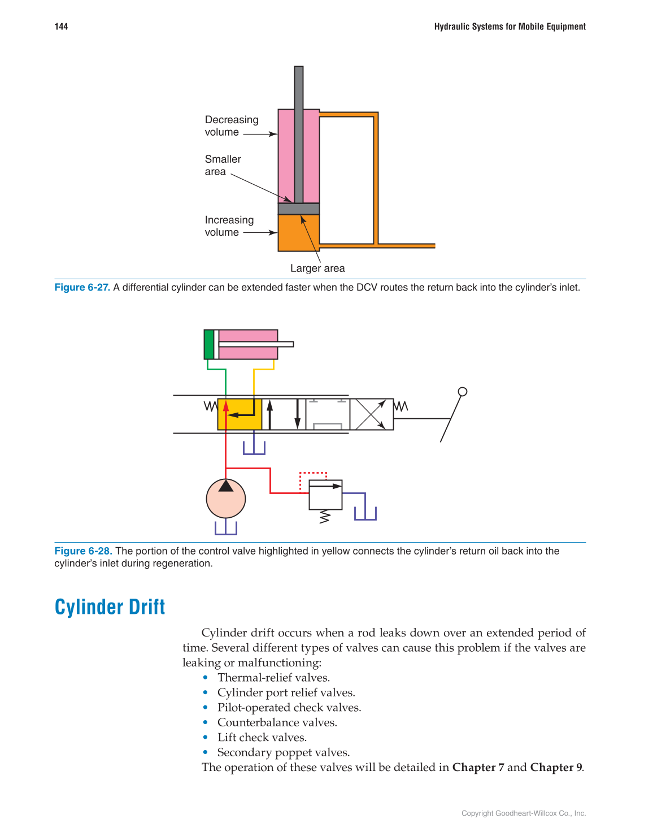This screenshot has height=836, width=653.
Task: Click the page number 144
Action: pyautogui.click(x=61, y=27)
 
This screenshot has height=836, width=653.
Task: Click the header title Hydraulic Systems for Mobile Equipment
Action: pyautogui.click(x=510, y=27)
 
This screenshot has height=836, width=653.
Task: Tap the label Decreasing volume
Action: pyautogui.click(x=231, y=126)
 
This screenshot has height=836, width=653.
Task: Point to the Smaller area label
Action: pyautogui.click(x=223, y=166)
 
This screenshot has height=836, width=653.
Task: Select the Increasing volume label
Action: pyautogui.click(x=229, y=226)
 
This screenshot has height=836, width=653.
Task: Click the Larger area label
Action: pyautogui.click(x=317, y=268)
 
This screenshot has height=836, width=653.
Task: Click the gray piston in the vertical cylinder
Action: pyautogui.click(x=299, y=209)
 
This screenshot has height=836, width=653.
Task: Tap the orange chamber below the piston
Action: pyautogui.click(x=298, y=233)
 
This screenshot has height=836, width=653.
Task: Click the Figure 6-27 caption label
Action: pyautogui.click(x=82, y=287)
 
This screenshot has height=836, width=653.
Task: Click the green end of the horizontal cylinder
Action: pyautogui.click(x=209, y=344)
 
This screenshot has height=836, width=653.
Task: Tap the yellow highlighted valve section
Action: pyautogui.click(x=240, y=414)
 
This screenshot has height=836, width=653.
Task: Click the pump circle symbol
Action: pyautogui.click(x=226, y=499)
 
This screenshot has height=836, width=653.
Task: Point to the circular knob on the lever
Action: pyautogui.click(x=463, y=392)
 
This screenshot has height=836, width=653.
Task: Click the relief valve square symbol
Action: pyautogui.click(x=325, y=495)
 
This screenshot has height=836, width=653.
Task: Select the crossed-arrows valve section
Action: pyautogui.click(x=371, y=414)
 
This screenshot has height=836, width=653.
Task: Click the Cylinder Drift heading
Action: pyautogui.click(x=110, y=607)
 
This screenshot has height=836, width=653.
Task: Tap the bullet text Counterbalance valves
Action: pyautogui.click(x=277, y=722)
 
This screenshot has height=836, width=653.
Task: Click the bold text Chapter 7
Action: pyautogui.click(x=478, y=767)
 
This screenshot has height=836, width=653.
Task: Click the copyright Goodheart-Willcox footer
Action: pyautogui.click(x=523, y=813)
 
